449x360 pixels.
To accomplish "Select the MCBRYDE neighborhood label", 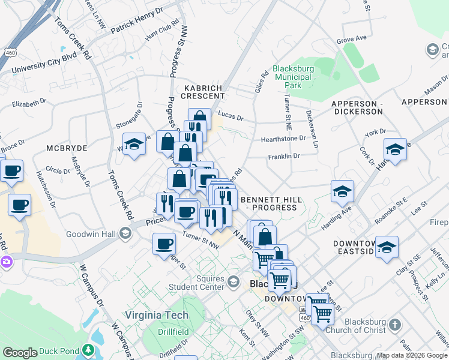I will pos(67,148).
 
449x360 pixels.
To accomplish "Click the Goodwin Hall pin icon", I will pos(125,233).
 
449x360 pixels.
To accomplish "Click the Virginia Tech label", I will pos(157,315).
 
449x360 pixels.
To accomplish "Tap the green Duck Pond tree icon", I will pos(89,349).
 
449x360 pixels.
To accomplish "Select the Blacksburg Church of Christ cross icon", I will pos(394,325).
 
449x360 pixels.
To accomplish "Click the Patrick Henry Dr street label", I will pos(137,20).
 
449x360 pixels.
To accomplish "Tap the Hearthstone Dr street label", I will pos(283,139).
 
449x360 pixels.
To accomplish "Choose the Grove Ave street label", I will pos(351,39).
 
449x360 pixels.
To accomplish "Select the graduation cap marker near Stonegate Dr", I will pos(134,145).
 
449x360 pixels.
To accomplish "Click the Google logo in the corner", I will pos(20,353).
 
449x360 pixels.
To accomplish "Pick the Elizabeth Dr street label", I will pos(29,103).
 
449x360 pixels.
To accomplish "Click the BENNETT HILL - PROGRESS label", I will pos(268,203).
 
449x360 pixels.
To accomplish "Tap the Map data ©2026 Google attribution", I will pos(412,355).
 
